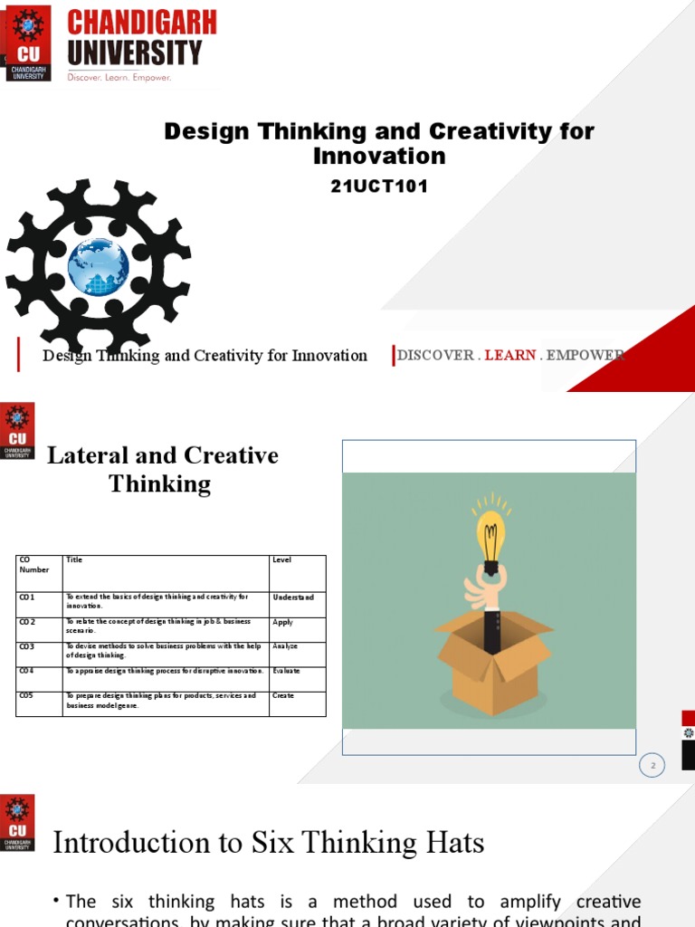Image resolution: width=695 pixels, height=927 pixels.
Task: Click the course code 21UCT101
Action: tap(379, 187)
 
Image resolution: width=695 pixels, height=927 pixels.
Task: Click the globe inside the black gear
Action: tap(98, 266)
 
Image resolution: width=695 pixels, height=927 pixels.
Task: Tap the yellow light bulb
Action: tap(491, 538)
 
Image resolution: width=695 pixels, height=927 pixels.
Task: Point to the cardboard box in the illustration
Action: tap(493, 656)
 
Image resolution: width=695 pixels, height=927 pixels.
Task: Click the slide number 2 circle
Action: tap(652, 766)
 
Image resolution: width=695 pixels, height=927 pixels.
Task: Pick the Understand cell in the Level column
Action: tap(293, 597)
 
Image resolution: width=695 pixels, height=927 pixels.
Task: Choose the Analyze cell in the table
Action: tap(285, 647)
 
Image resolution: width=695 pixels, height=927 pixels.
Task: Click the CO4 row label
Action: tap(26, 672)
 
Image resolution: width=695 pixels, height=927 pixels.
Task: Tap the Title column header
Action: tap(74, 560)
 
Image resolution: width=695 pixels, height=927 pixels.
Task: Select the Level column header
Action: tap(282, 560)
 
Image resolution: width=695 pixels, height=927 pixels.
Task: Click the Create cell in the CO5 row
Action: tap(283, 696)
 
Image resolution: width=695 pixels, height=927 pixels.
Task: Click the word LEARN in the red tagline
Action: tap(510, 355)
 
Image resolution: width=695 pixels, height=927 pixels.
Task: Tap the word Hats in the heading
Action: tap(453, 844)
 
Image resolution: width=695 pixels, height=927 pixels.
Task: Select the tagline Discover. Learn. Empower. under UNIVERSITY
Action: tap(119, 78)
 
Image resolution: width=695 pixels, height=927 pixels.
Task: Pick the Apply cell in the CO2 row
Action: tap(282, 623)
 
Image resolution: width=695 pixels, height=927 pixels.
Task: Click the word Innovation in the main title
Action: tap(379, 156)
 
